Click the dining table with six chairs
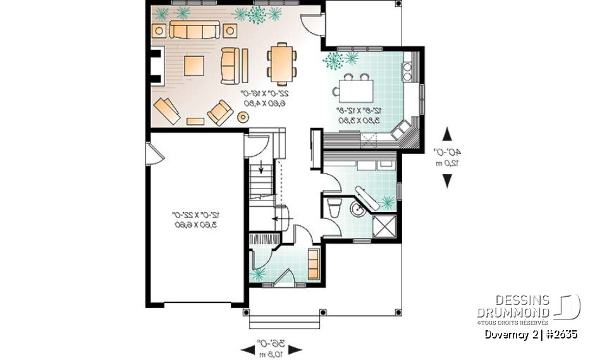click(281, 63)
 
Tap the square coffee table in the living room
click(194, 66)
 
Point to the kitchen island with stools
click(356, 89)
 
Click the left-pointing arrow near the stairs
click(276, 219)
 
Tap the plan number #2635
click(561, 334)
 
